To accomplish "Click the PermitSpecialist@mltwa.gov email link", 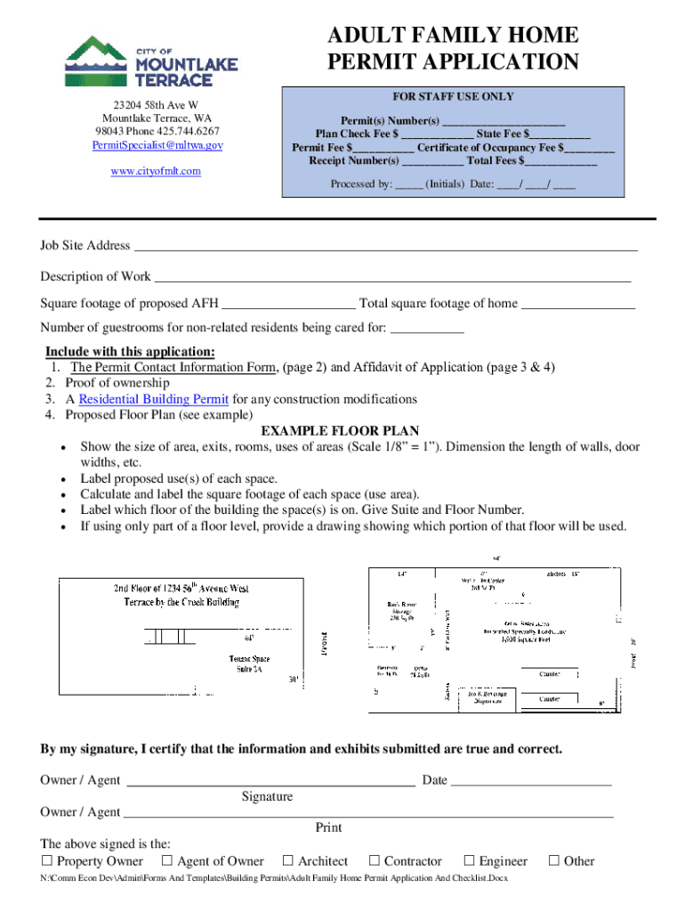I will click(x=156, y=144).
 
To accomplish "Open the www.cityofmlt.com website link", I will click(x=156, y=170).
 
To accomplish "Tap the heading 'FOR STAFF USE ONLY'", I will click(x=453, y=96).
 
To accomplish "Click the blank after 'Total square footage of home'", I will click(x=578, y=305).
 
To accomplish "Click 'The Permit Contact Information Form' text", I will click(x=174, y=367).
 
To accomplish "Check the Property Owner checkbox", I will click(x=47, y=861).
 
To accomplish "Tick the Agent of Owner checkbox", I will click(x=167, y=861).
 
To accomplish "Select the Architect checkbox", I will click(x=288, y=861).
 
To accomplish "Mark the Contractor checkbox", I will click(x=375, y=861).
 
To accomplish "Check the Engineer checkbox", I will click(x=469, y=861).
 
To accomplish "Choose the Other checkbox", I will click(x=554, y=861).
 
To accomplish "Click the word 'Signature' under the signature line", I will click(x=267, y=796).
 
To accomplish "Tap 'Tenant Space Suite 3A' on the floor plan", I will click(x=249, y=664).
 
